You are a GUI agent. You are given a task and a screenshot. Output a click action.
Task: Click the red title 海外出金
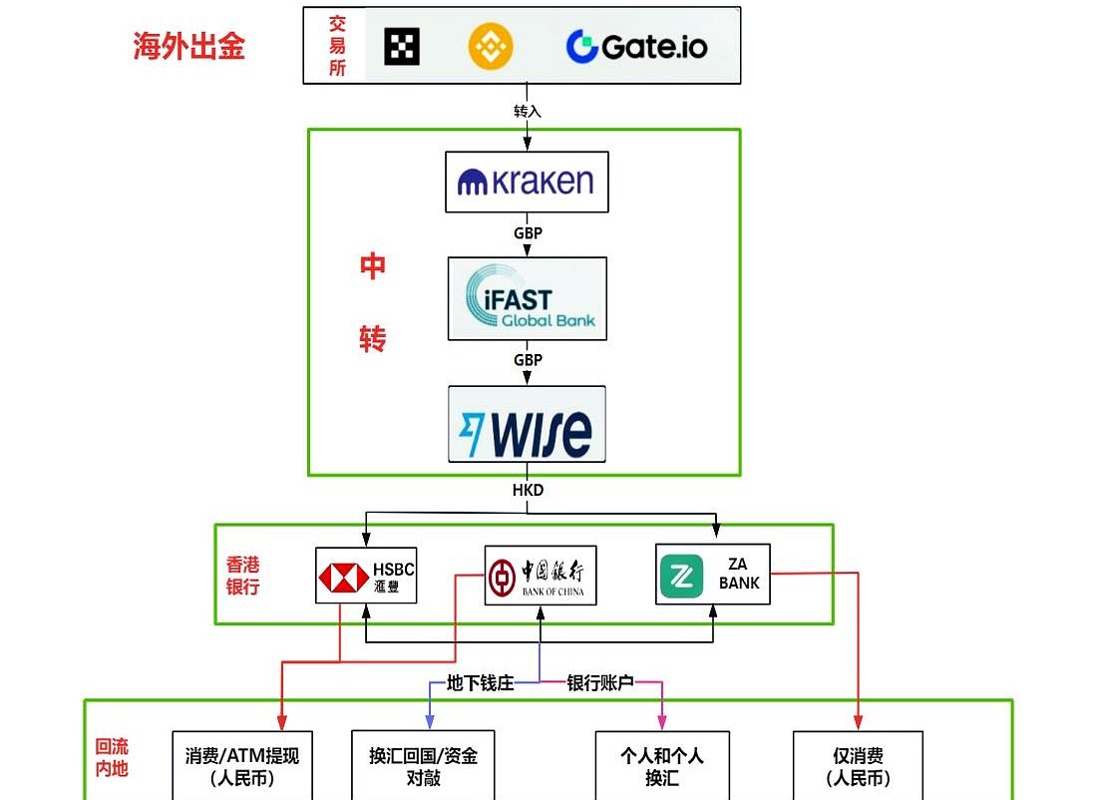(189, 46)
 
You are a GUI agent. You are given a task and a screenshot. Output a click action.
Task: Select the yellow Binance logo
(490, 45)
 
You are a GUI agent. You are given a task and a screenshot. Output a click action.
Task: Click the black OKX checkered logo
(402, 46)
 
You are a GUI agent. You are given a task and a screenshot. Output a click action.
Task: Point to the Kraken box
(526, 182)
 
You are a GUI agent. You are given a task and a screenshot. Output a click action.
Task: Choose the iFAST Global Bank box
(527, 298)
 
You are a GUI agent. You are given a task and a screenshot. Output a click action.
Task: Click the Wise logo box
(527, 424)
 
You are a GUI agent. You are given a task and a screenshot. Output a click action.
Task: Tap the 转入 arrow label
(528, 111)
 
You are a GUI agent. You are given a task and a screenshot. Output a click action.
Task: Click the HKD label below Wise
(528, 491)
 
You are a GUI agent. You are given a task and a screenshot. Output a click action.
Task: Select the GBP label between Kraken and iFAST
(528, 233)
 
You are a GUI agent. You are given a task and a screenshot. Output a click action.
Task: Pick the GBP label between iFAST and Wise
(528, 359)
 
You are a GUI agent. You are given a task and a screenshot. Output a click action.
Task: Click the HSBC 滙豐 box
(366, 576)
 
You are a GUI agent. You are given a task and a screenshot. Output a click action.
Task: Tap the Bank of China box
(540, 575)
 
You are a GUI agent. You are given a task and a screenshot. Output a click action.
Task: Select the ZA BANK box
(713, 574)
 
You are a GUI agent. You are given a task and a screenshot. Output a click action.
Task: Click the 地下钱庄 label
(480, 683)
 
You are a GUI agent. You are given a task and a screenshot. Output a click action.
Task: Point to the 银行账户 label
(600, 683)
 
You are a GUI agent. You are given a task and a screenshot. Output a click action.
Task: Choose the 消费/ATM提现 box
(242, 766)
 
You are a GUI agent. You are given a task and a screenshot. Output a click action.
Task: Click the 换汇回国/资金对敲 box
(423, 766)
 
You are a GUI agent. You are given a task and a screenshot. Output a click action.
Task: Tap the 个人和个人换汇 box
(662, 766)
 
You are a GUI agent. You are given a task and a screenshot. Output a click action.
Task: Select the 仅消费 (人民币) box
(858, 766)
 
